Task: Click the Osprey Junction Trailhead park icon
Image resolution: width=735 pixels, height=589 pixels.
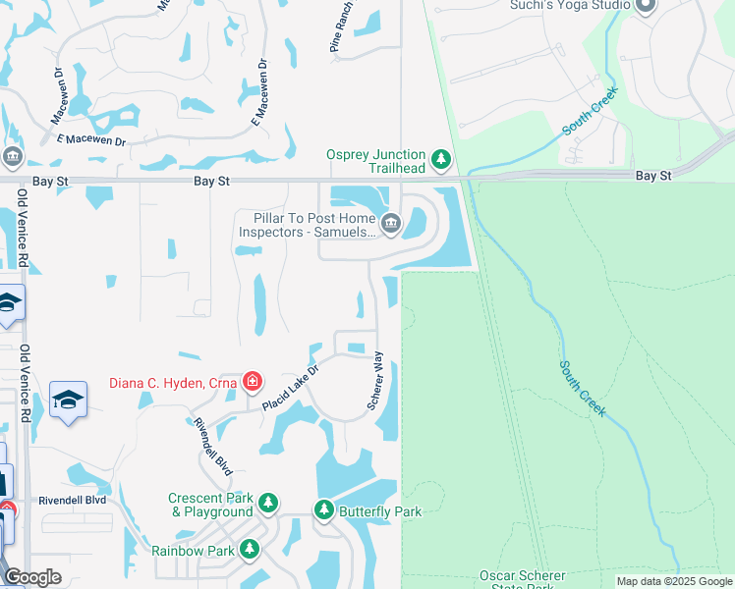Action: pyautogui.click(x=441, y=158)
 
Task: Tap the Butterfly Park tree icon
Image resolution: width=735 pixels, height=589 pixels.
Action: pyautogui.click(x=324, y=510)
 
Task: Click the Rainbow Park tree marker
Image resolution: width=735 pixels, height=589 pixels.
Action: pyautogui.click(x=250, y=550)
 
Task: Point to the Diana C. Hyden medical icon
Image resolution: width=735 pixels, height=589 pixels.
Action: pyautogui.click(x=253, y=380)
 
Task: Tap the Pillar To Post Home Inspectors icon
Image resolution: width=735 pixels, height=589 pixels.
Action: pyautogui.click(x=390, y=224)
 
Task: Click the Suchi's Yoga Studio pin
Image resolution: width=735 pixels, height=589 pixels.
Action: pyautogui.click(x=646, y=7)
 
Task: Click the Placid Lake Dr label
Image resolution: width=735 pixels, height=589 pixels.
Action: pyautogui.click(x=292, y=390)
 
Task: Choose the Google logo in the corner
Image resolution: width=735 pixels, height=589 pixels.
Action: pyautogui.click(x=32, y=577)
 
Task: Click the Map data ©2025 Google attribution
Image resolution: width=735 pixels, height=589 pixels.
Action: pyautogui.click(x=674, y=581)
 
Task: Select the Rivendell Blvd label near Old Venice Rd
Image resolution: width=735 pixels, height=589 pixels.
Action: pyautogui.click(x=72, y=500)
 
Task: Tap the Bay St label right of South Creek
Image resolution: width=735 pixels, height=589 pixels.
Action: pyautogui.click(x=653, y=175)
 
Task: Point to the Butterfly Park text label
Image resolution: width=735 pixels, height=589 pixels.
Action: pyautogui.click(x=380, y=511)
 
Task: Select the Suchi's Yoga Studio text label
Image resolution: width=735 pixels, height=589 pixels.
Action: pyautogui.click(x=570, y=5)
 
